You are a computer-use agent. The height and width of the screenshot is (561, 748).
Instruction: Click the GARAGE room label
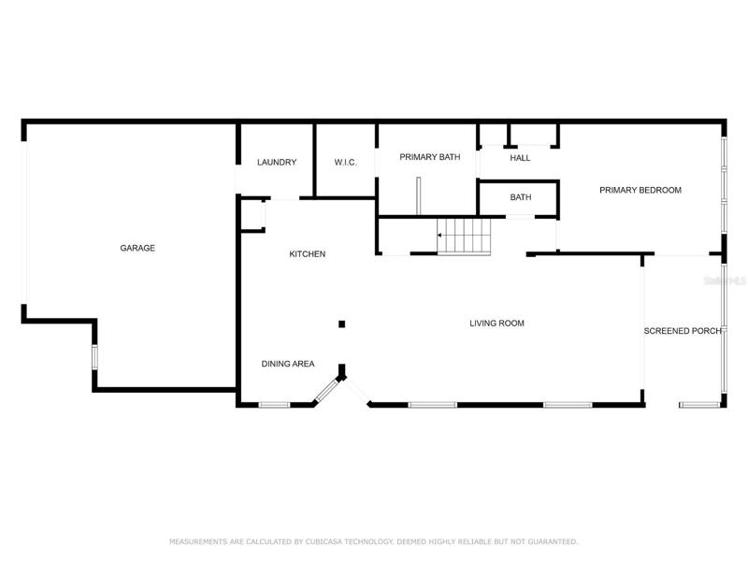click(137, 248)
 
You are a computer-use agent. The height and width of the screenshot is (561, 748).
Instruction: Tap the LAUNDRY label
click(277, 162)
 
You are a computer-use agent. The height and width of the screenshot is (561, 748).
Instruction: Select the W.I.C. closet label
click(345, 162)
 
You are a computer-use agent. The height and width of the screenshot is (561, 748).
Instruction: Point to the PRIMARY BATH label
click(430, 157)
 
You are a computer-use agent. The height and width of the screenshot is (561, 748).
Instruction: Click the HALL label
click(520, 158)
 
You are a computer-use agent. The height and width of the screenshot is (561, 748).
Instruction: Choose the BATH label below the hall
click(521, 197)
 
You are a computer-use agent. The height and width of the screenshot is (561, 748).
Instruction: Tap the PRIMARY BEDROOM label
click(640, 190)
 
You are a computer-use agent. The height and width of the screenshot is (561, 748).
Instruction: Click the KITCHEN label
click(308, 254)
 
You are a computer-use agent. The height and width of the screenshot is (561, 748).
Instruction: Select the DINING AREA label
click(288, 364)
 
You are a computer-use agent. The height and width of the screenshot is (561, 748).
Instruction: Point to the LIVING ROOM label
click(496, 324)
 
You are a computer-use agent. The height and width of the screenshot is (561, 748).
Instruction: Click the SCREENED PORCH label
click(683, 331)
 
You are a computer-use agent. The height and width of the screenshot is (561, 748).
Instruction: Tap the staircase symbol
click(464, 237)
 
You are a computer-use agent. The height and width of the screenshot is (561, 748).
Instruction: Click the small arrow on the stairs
click(439, 236)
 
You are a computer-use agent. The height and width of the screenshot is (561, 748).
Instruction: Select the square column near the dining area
click(341, 324)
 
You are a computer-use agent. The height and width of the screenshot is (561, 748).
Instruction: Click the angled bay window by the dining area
click(326, 390)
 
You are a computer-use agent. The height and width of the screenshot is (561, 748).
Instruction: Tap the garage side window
click(94, 357)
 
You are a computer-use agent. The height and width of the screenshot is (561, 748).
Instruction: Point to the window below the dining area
click(274, 405)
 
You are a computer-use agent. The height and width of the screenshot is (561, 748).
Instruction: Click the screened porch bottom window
click(699, 405)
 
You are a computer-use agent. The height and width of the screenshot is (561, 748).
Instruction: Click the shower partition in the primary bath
click(418, 196)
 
